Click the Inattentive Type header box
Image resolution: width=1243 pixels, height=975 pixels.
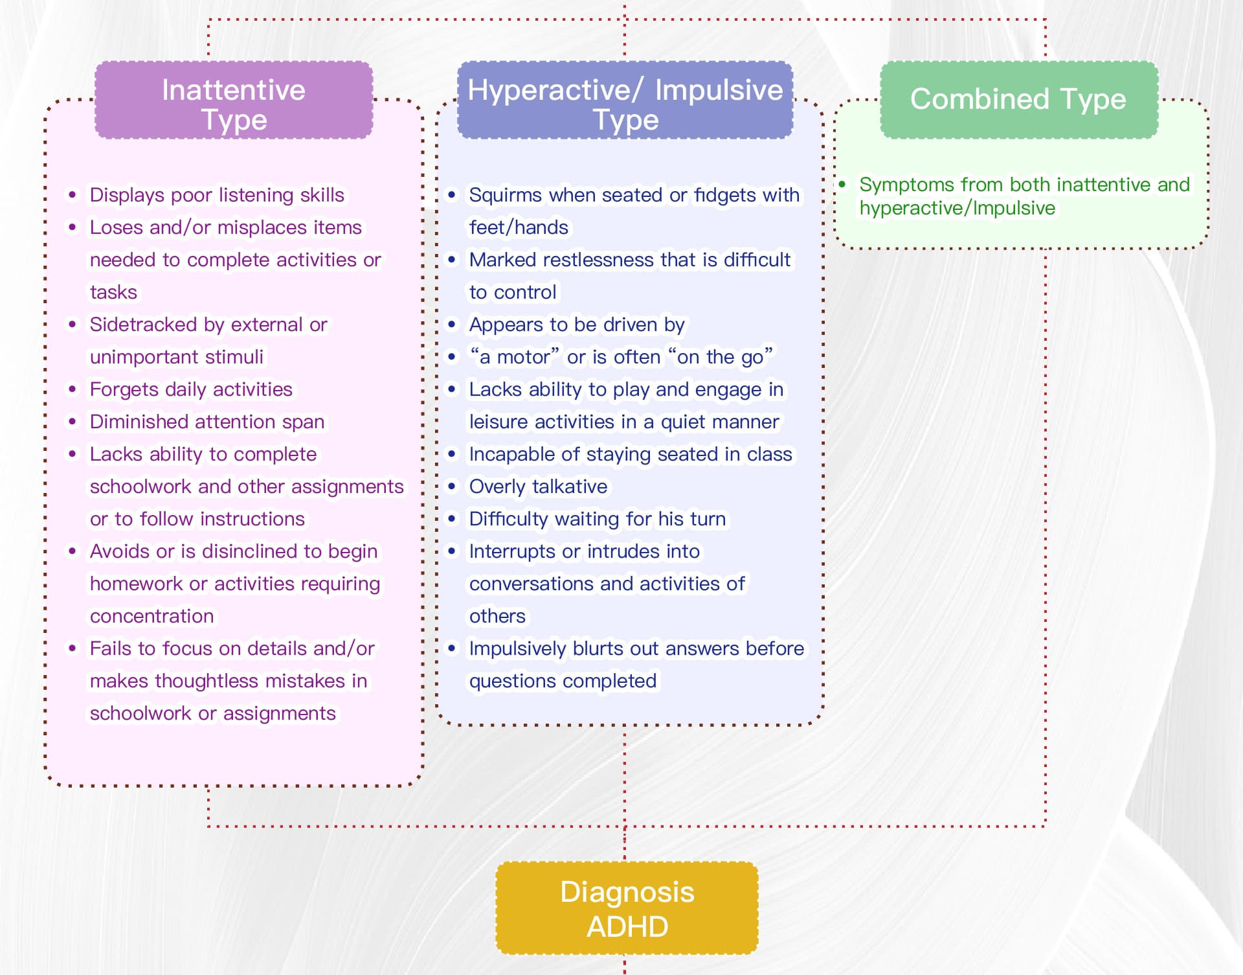click(234, 100)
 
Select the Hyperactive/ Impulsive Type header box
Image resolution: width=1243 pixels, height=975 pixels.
click(625, 100)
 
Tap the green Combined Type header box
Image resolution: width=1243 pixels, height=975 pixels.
click(1018, 100)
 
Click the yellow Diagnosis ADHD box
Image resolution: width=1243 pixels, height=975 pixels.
click(627, 908)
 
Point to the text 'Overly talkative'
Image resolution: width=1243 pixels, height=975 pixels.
click(538, 487)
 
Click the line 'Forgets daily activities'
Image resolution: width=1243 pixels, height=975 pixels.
click(191, 389)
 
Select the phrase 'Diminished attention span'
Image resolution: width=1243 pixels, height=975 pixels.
click(207, 422)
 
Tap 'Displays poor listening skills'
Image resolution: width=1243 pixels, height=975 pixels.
click(217, 195)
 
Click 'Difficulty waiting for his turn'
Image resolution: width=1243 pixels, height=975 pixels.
click(597, 519)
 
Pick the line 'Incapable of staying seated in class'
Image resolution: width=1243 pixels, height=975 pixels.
click(630, 454)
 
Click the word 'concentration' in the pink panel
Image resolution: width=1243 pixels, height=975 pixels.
click(151, 616)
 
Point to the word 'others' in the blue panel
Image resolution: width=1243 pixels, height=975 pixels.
click(497, 616)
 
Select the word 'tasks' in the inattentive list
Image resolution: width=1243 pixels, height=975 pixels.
click(113, 292)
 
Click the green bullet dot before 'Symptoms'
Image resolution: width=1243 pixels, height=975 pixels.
click(842, 185)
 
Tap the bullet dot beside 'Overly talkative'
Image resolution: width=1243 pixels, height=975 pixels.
click(452, 487)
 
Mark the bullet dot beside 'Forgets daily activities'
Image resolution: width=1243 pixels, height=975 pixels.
click(73, 389)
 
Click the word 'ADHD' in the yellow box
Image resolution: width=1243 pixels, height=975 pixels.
click(627, 926)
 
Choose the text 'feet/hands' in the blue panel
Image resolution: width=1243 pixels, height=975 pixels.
click(519, 227)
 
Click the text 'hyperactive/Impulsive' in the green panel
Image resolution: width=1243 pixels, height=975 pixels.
click(957, 208)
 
